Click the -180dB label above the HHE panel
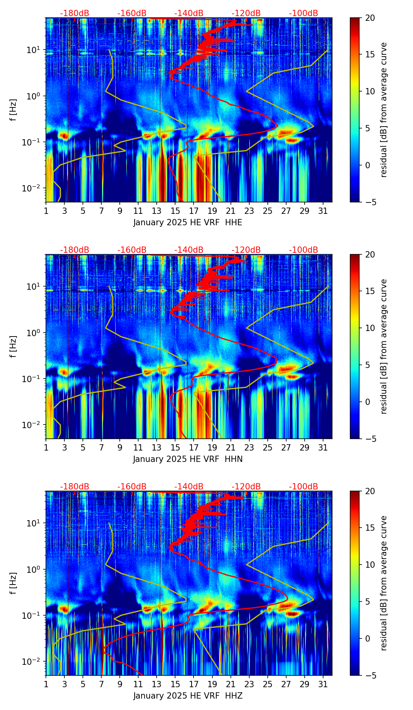(75, 13)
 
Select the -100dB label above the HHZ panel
(303, 487)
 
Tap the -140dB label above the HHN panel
(189, 250)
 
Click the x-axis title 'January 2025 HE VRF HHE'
(188, 223)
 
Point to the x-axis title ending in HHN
(188, 459)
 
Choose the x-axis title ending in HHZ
(188, 696)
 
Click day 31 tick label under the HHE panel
(323, 211)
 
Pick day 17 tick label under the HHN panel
(194, 448)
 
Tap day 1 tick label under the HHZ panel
(46, 684)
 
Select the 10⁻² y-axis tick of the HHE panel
(36, 188)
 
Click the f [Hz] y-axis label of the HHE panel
(13, 110)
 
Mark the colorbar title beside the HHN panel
(384, 346)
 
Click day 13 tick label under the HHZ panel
(157, 684)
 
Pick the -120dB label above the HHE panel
(246, 13)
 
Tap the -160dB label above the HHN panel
(132, 250)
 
